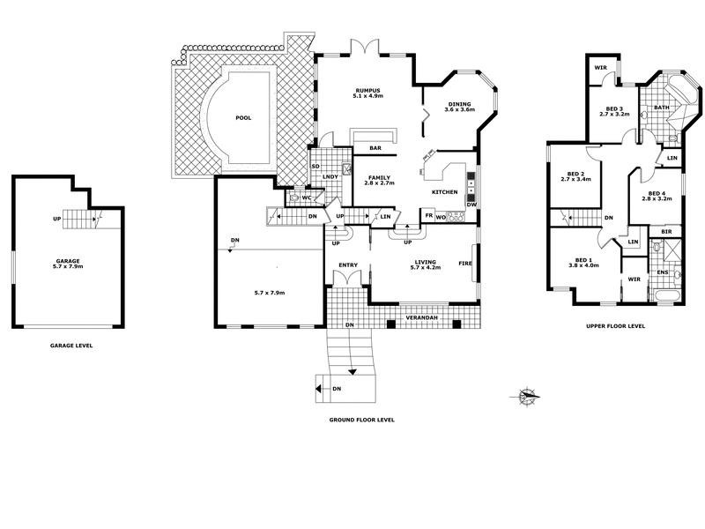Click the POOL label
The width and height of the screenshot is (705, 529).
pyautogui.click(x=243, y=117)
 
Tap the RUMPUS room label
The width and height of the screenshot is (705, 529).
pyautogui.click(x=367, y=90)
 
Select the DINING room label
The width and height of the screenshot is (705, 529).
pyautogui.click(x=459, y=103)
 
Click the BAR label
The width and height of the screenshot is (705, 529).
pyautogui.click(x=375, y=148)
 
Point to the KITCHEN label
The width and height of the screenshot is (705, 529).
pyautogui.click(x=443, y=192)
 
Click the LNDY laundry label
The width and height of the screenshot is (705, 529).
pyautogui.click(x=330, y=177)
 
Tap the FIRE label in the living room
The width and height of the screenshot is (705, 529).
pyautogui.click(x=464, y=263)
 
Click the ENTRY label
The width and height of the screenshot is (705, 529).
pyautogui.click(x=346, y=263)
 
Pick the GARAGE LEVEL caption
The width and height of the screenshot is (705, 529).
pyautogui.click(x=71, y=346)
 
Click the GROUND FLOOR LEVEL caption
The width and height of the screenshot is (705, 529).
pyautogui.click(x=362, y=420)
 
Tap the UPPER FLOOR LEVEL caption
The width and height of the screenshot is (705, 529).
pyautogui.click(x=616, y=325)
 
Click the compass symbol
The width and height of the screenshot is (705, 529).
pyautogui.click(x=527, y=396)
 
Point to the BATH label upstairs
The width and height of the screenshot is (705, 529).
pyautogui.click(x=661, y=108)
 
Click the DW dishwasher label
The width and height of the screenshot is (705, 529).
pyautogui.click(x=471, y=205)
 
